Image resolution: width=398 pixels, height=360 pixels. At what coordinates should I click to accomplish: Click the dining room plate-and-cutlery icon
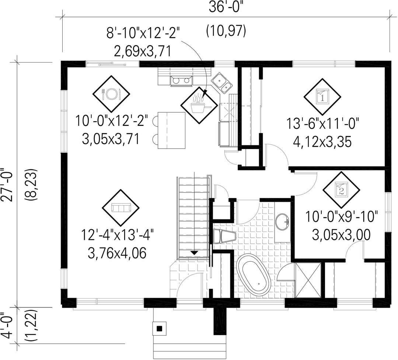point(111,94)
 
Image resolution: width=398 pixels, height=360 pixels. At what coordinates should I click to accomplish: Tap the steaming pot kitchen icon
point(199,105)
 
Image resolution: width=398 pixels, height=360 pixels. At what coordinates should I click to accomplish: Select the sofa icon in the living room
point(121,208)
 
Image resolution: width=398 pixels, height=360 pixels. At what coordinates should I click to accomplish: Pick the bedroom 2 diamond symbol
point(341,190)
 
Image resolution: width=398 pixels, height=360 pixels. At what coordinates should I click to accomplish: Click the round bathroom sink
point(282,222)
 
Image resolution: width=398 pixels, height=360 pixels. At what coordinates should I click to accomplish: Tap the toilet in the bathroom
point(224,236)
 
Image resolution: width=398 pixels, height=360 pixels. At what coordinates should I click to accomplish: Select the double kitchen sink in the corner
point(221,82)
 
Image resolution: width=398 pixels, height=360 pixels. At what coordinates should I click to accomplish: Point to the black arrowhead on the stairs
point(195,253)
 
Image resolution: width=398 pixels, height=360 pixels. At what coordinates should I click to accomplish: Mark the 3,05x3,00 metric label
point(341,235)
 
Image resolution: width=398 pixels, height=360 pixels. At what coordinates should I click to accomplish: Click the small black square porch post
point(160,329)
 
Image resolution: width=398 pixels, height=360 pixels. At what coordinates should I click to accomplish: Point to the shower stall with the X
point(308,280)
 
